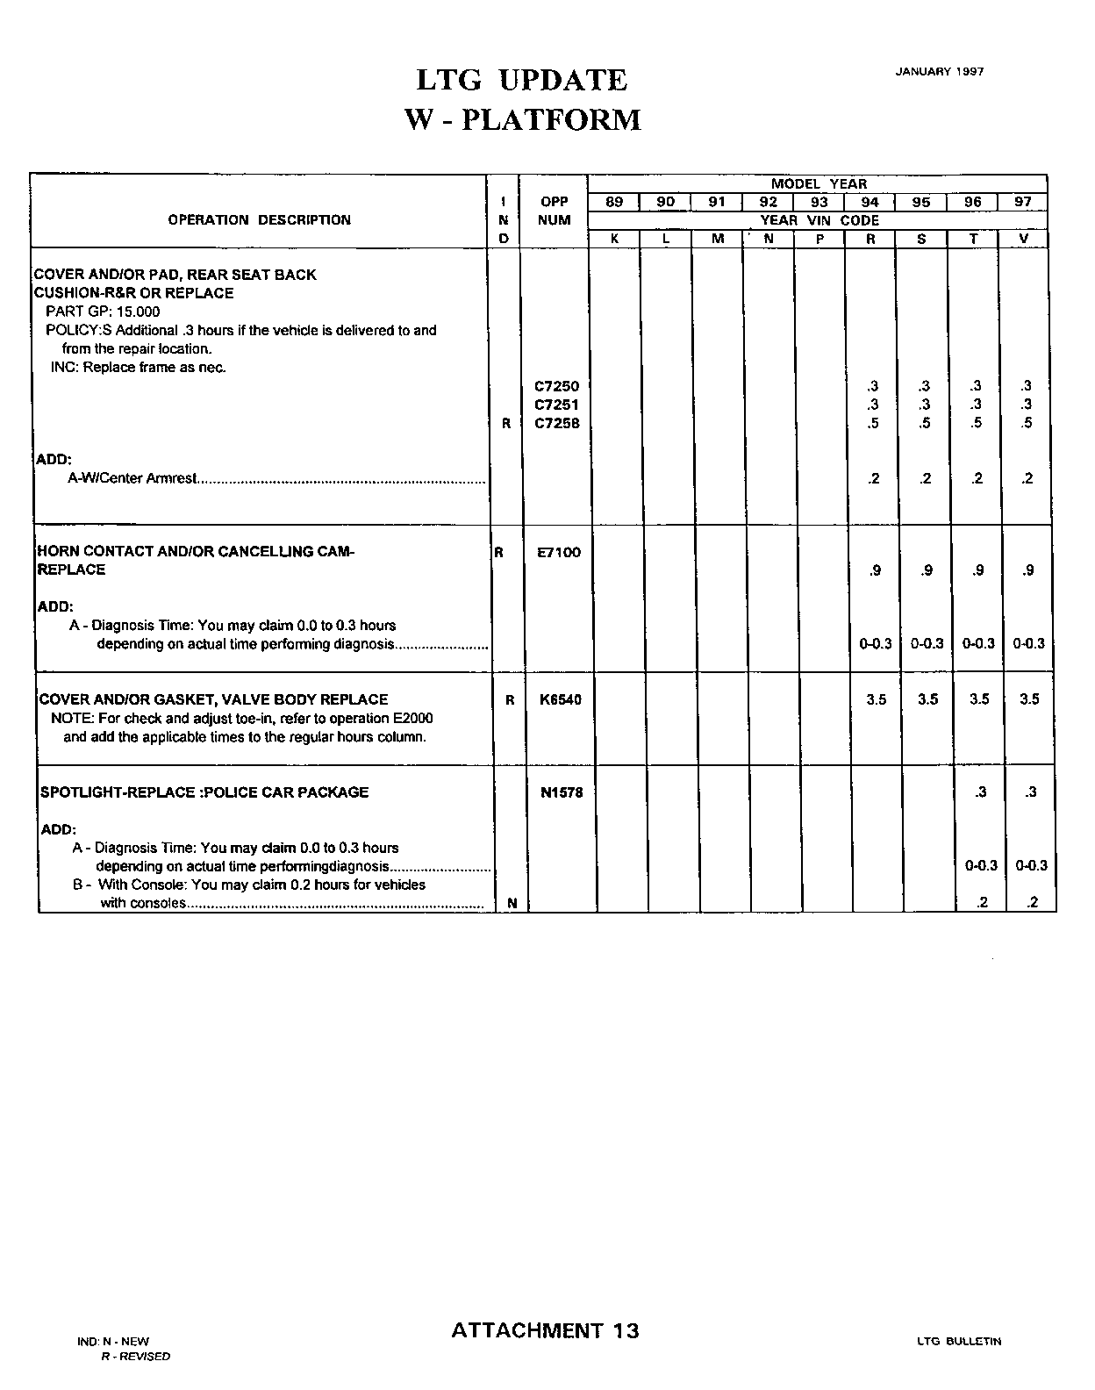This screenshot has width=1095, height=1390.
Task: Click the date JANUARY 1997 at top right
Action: [x=939, y=71]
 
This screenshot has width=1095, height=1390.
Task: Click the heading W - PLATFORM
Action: [x=523, y=119]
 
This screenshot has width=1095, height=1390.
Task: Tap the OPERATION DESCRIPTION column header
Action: [x=259, y=220]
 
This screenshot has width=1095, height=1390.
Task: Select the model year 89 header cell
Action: [x=614, y=202]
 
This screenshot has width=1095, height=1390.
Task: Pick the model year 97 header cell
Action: [x=1023, y=202]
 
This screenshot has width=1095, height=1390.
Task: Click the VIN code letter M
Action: [x=717, y=239]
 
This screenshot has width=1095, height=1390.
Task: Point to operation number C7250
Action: [x=556, y=386]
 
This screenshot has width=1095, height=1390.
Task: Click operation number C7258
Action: [x=556, y=423]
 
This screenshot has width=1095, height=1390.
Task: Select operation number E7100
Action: [x=558, y=552]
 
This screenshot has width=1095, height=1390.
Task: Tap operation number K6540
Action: [x=561, y=699]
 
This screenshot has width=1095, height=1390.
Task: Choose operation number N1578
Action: [x=562, y=792]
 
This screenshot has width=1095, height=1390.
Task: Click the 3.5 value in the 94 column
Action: [x=876, y=699]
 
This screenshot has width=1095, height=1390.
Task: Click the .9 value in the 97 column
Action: [x=1027, y=570]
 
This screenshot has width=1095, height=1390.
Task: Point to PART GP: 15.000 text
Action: [x=103, y=312]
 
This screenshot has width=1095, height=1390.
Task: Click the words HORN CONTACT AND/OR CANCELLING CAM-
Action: [x=196, y=551]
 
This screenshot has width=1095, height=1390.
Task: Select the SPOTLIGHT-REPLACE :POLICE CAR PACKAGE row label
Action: [x=204, y=792]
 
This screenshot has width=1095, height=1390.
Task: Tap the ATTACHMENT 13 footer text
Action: [x=545, y=1330]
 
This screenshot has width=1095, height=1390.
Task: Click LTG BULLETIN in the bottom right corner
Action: [x=958, y=1341]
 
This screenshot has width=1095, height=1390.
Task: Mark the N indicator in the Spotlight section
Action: [x=512, y=903]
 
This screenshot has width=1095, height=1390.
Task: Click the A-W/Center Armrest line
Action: [x=132, y=479]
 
